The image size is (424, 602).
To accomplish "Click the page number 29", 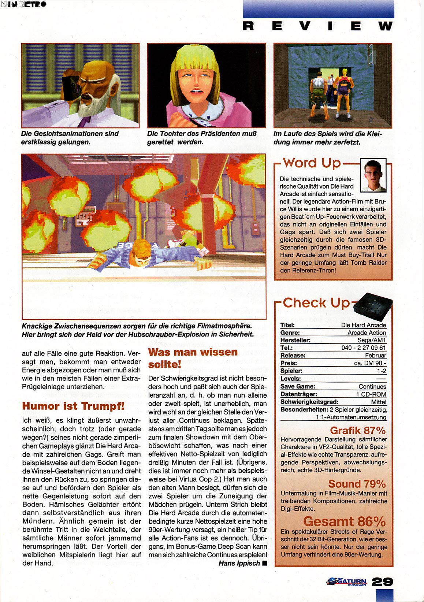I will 382,581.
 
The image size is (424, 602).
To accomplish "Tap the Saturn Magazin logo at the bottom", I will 347,581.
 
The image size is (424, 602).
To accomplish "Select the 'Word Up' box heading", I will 312,163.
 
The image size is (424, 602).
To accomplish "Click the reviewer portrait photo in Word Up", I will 373,175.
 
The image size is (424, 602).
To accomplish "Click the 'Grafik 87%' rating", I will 358,431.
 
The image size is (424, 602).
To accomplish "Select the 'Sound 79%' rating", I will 357,484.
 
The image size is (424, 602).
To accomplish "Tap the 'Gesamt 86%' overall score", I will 344,521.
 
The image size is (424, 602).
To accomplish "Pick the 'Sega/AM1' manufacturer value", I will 371,340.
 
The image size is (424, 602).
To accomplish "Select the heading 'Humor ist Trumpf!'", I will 73,406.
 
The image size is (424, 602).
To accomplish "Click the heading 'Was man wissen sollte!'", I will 193,358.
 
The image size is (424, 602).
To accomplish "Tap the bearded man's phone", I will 71,86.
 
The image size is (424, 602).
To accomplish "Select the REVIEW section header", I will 318,26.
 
